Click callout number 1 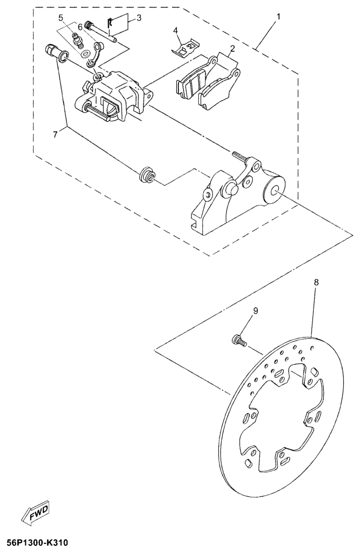point(278,16)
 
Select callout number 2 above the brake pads point(232,48)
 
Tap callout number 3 point(139,18)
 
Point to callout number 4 point(175,31)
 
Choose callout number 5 point(61,17)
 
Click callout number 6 point(80,27)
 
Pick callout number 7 point(55,135)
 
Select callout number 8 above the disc point(316,282)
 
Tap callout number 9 point(255,310)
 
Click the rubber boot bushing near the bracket point(146,175)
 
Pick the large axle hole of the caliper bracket point(275,191)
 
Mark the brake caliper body point(115,95)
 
